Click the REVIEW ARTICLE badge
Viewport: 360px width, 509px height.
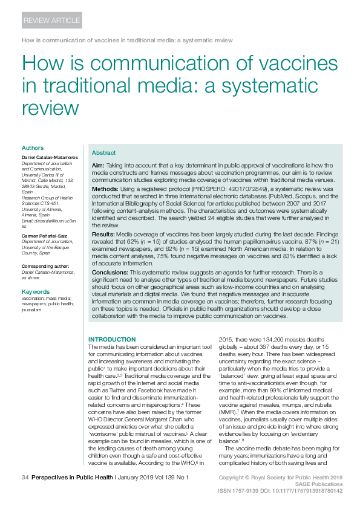(x=51, y=21)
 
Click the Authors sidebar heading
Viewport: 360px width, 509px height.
(x=32, y=148)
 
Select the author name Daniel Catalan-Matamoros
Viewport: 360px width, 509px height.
(x=48, y=157)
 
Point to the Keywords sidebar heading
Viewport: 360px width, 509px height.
(x=35, y=292)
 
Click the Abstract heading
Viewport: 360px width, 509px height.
(x=103, y=153)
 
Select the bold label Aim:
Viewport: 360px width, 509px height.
(x=97, y=165)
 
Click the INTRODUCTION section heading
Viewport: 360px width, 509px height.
(x=112, y=339)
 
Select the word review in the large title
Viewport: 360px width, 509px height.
(x=50, y=107)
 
